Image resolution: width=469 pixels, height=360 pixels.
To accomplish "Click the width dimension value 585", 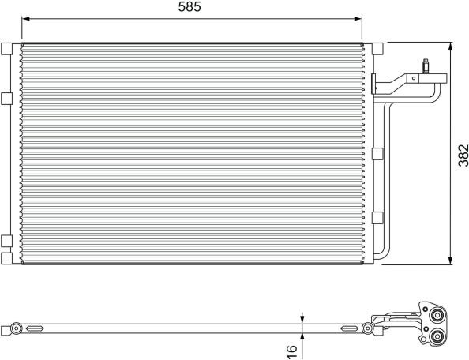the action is pos(189,6).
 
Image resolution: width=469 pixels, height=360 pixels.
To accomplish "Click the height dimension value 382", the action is pos(463,156).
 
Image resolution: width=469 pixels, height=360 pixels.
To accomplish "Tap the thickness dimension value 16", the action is pos(291,351).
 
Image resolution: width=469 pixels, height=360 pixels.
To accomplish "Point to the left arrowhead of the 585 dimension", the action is pos(26,19).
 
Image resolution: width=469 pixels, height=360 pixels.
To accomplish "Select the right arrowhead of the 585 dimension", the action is pos(358,19).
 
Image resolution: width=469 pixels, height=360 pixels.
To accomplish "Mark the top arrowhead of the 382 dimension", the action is pos(451,47).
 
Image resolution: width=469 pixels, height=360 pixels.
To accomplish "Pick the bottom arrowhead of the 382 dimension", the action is pos(451,261).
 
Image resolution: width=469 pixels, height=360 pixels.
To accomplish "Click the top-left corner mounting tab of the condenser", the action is pos(6,49).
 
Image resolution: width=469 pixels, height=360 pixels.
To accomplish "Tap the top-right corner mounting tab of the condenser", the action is pos(377,49).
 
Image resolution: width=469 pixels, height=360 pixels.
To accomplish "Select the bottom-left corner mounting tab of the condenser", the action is pos(6,258).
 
